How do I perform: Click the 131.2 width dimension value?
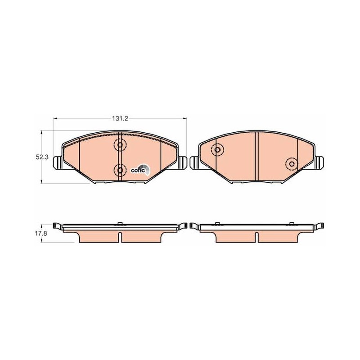pos(120,118)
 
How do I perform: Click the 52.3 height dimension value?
pos(42,157)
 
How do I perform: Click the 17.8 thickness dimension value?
pos(41,234)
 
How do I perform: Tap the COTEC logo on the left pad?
pos(140,170)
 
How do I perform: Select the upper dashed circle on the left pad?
pos(120,145)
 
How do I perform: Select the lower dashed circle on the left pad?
pos(120,170)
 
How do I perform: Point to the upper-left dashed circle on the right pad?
pos(217,150)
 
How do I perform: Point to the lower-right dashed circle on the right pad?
pos(292,164)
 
